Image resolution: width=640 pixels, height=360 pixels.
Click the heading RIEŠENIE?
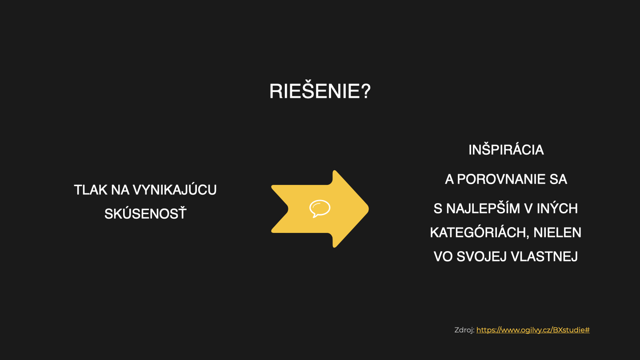[x=320, y=91]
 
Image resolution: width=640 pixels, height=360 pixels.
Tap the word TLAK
[x=90, y=190]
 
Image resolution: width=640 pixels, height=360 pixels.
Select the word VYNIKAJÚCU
[x=175, y=190]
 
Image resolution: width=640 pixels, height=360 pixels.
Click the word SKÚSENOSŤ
[x=145, y=214]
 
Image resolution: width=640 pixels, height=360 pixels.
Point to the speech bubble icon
[x=320, y=208]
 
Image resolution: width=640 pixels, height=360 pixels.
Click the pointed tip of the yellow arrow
[x=368, y=209]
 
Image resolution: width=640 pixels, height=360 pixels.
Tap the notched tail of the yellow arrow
[x=288, y=209]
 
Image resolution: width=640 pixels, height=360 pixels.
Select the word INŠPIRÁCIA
[x=506, y=150]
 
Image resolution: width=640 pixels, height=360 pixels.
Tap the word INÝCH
[x=557, y=208]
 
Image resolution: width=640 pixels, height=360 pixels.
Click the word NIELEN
[x=557, y=232]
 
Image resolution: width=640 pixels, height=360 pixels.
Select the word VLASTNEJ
[x=544, y=256]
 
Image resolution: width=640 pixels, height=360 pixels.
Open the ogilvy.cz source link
[x=533, y=330]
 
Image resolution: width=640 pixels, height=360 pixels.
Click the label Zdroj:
[x=464, y=330]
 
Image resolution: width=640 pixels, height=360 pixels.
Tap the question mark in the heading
[x=366, y=92]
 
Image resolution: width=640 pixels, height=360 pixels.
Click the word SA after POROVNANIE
[x=558, y=180]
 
